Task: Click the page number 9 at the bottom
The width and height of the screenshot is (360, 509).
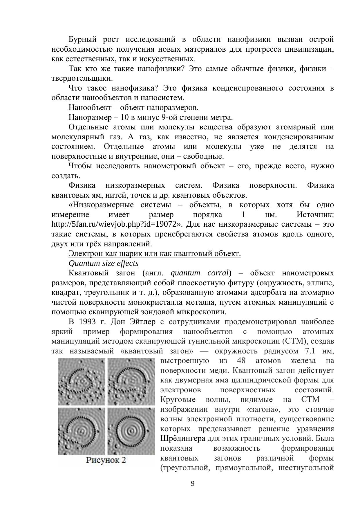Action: [193, 483]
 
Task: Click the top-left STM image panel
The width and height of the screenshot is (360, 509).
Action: [82, 381]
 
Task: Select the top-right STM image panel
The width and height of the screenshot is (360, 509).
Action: [131, 381]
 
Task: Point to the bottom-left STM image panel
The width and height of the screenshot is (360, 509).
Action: [82, 431]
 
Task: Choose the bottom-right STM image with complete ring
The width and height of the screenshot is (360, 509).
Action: [131, 431]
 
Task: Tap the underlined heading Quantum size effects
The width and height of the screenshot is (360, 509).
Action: [104, 263]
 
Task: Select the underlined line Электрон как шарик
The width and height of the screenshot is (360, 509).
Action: [155, 254]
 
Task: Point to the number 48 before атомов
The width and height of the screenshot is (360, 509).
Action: [241, 361]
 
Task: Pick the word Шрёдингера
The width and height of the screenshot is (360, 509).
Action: [183, 438]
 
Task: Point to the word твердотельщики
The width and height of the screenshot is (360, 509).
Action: [82, 78]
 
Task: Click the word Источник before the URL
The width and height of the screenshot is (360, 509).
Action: [315, 215]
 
